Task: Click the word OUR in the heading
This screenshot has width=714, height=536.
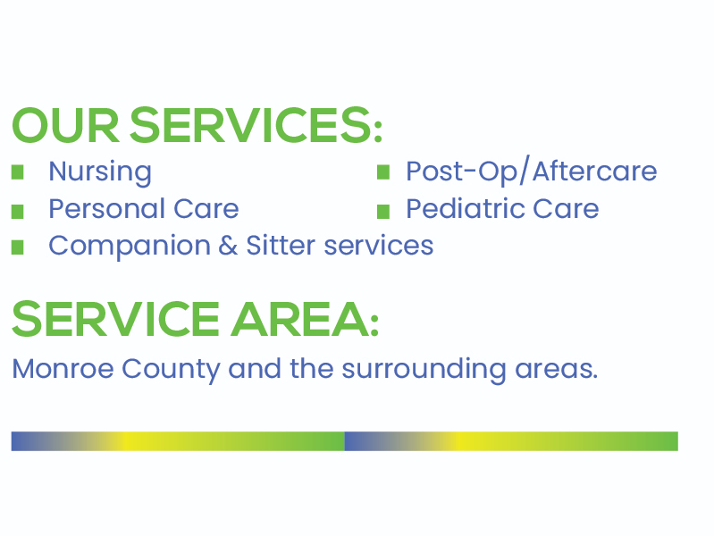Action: pyautogui.click(x=64, y=125)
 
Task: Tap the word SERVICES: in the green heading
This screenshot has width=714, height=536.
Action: pyautogui.click(x=256, y=125)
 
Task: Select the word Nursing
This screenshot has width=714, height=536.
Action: pyautogui.click(x=100, y=171)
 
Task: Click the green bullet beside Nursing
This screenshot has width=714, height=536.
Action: pyautogui.click(x=18, y=172)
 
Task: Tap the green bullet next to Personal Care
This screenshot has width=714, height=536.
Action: pyautogui.click(x=18, y=211)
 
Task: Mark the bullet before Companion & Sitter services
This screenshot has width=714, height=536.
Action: pyautogui.click(x=18, y=247)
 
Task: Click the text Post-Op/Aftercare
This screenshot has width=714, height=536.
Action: pyautogui.click(x=531, y=171)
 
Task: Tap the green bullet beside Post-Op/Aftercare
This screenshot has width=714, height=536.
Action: pyautogui.click(x=383, y=172)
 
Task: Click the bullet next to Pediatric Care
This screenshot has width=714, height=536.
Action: pyautogui.click(x=383, y=211)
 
